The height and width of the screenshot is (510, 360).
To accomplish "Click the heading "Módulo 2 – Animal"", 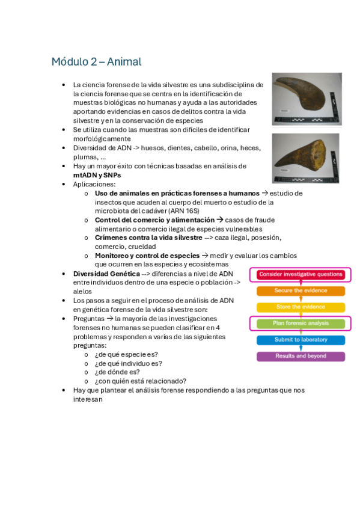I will (x=96, y=62).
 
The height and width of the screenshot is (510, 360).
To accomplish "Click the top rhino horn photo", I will (x=307, y=99).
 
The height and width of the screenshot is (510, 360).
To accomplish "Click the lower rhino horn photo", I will (x=307, y=158).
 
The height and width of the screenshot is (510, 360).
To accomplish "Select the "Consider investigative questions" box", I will (x=301, y=274).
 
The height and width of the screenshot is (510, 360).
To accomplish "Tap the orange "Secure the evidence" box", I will (x=301, y=290).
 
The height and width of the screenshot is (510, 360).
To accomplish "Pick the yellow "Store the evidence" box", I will (x=301, y=307).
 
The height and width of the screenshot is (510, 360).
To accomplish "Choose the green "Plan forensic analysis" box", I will (x=301, y=323).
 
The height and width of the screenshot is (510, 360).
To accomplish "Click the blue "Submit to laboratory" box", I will (x=301, y=340).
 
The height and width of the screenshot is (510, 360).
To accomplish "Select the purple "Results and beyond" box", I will (x=301, y=356).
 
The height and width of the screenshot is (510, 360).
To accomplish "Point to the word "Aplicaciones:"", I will (x=94, y=184).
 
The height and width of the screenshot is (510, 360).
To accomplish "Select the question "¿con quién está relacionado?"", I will (x=140, y=381).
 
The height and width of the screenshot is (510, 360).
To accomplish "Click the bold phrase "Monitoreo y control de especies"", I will (x=147, y=256).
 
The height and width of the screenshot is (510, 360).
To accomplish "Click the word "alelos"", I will (x=83, y=291).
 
